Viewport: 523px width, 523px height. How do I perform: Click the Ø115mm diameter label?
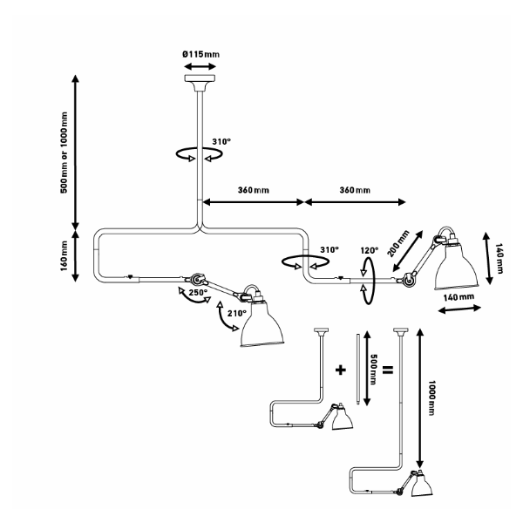point(200,54)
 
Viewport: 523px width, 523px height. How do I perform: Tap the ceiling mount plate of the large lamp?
point(200,78)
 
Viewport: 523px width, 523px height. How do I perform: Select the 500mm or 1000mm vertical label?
point(64,153)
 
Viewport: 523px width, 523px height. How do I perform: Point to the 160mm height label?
point(64,256)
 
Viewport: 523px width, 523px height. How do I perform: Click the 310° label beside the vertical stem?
point(221,142)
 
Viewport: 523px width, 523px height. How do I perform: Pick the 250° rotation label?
point(198,293)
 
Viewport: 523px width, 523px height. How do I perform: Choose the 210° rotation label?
point(237,314)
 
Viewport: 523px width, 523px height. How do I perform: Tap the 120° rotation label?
point(370,250)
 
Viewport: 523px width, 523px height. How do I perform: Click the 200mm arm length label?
point(398,243)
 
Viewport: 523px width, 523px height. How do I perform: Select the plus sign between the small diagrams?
point(340,370)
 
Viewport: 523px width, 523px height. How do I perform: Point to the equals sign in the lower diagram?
point(388,370)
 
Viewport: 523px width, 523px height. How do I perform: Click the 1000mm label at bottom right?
point(431,397)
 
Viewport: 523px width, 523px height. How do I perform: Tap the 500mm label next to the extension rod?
point(374,370)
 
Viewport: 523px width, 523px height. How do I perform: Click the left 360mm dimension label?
point(254,190)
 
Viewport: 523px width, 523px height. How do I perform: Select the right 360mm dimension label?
point(355,190)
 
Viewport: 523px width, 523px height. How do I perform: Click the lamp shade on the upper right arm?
point(457,268)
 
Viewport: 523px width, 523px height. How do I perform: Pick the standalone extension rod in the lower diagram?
point(358,369)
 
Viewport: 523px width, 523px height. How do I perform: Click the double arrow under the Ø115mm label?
point(200,66)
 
